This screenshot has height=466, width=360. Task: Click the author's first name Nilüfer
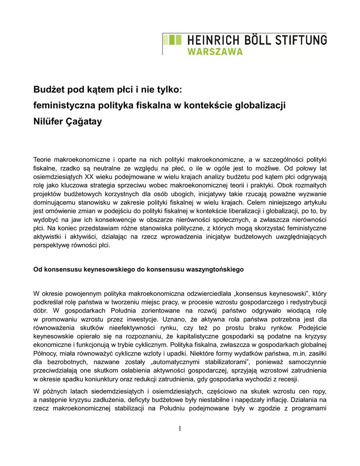[49, 122]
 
